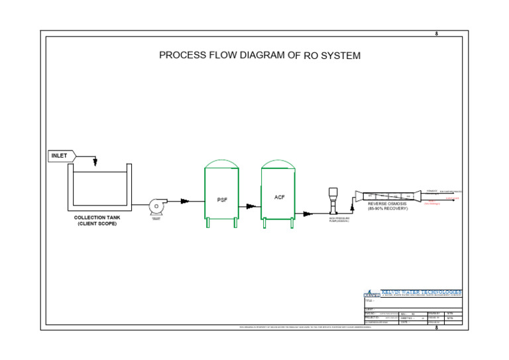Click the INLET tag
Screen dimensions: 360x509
(x=60, y=156)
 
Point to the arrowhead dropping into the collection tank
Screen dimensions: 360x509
(x=95, y=163)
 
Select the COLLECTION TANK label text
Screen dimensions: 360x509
(x=97, y=217)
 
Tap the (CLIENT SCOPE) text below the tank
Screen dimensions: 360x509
(x=97, y=224)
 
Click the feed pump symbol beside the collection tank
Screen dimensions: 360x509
(x=156, y=206)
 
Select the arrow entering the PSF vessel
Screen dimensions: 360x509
(x=185, y=201)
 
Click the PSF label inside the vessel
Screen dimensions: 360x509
(x=222, y=200)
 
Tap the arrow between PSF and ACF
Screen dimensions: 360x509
(x=250, y=206)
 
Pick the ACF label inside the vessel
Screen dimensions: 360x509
(x=280, y=197)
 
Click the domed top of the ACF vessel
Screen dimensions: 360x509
(x=277, y=163)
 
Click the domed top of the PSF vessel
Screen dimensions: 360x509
(x=221, y=163)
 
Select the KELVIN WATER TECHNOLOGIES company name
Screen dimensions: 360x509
(x=422, y=292)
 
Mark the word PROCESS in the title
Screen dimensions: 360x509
(x=181, y=56)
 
